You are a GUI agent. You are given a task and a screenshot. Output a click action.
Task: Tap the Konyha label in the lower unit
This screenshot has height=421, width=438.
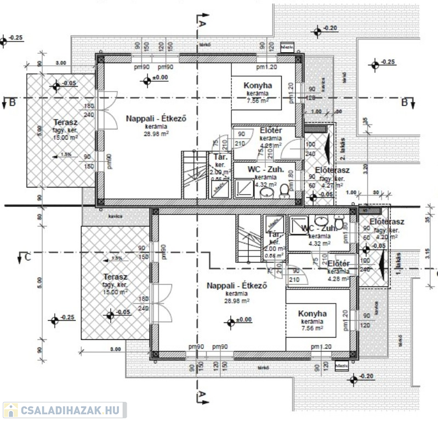click(x=312, y=314)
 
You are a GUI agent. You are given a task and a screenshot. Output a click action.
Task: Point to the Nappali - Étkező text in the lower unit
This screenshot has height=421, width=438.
click(x=229, y=286)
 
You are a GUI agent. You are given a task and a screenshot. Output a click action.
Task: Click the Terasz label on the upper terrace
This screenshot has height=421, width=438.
click(x=64, y=122)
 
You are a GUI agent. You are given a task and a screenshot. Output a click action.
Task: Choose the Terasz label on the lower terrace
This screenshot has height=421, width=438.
click(x=115, y=277)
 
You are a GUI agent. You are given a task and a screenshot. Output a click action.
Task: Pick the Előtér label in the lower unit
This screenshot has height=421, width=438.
click(x=339, y=264)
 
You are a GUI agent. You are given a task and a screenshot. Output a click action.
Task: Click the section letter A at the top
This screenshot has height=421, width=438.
click(x=202, y=24)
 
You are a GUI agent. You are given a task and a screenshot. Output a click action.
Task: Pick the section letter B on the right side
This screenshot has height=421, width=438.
click(x=405, y=103)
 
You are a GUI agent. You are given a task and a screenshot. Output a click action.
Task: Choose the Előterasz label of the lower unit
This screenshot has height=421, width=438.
click(x=387, y=222)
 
